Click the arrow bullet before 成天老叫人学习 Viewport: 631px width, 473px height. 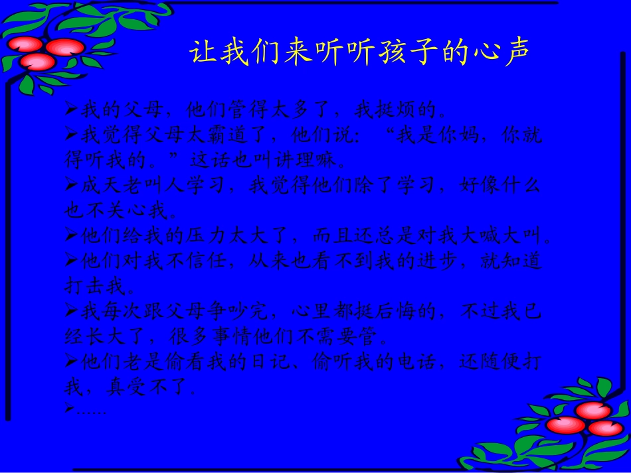(x=72, y=185)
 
